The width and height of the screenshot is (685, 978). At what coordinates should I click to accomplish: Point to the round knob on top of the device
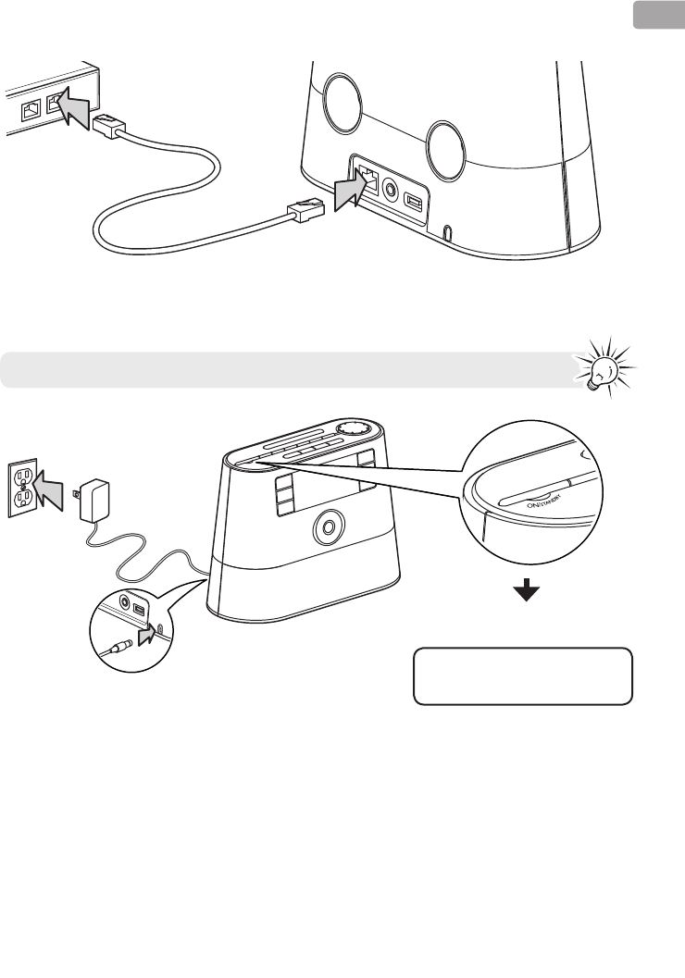352,429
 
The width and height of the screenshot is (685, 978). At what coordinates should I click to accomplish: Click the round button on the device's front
327,526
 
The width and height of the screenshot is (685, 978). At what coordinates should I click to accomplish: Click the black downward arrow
527,593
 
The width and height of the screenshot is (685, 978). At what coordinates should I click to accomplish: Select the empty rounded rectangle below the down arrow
522,676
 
